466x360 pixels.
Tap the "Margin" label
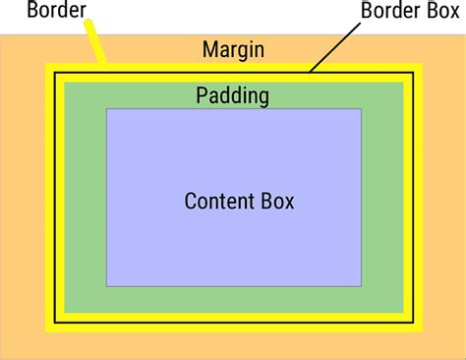click(233, 49)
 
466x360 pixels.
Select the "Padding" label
click(232, 95)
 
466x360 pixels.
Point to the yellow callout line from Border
click(94, 44)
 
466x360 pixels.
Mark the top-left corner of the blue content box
click(107, 109)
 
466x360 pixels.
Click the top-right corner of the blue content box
click(361, 109)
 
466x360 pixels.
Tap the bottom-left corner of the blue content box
click(107, 285)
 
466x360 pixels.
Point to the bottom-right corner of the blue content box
click(361, 285)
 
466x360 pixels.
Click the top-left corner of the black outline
click(55, 73)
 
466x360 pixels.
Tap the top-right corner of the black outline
click(413, 73)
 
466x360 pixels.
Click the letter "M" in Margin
click(209, 49)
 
